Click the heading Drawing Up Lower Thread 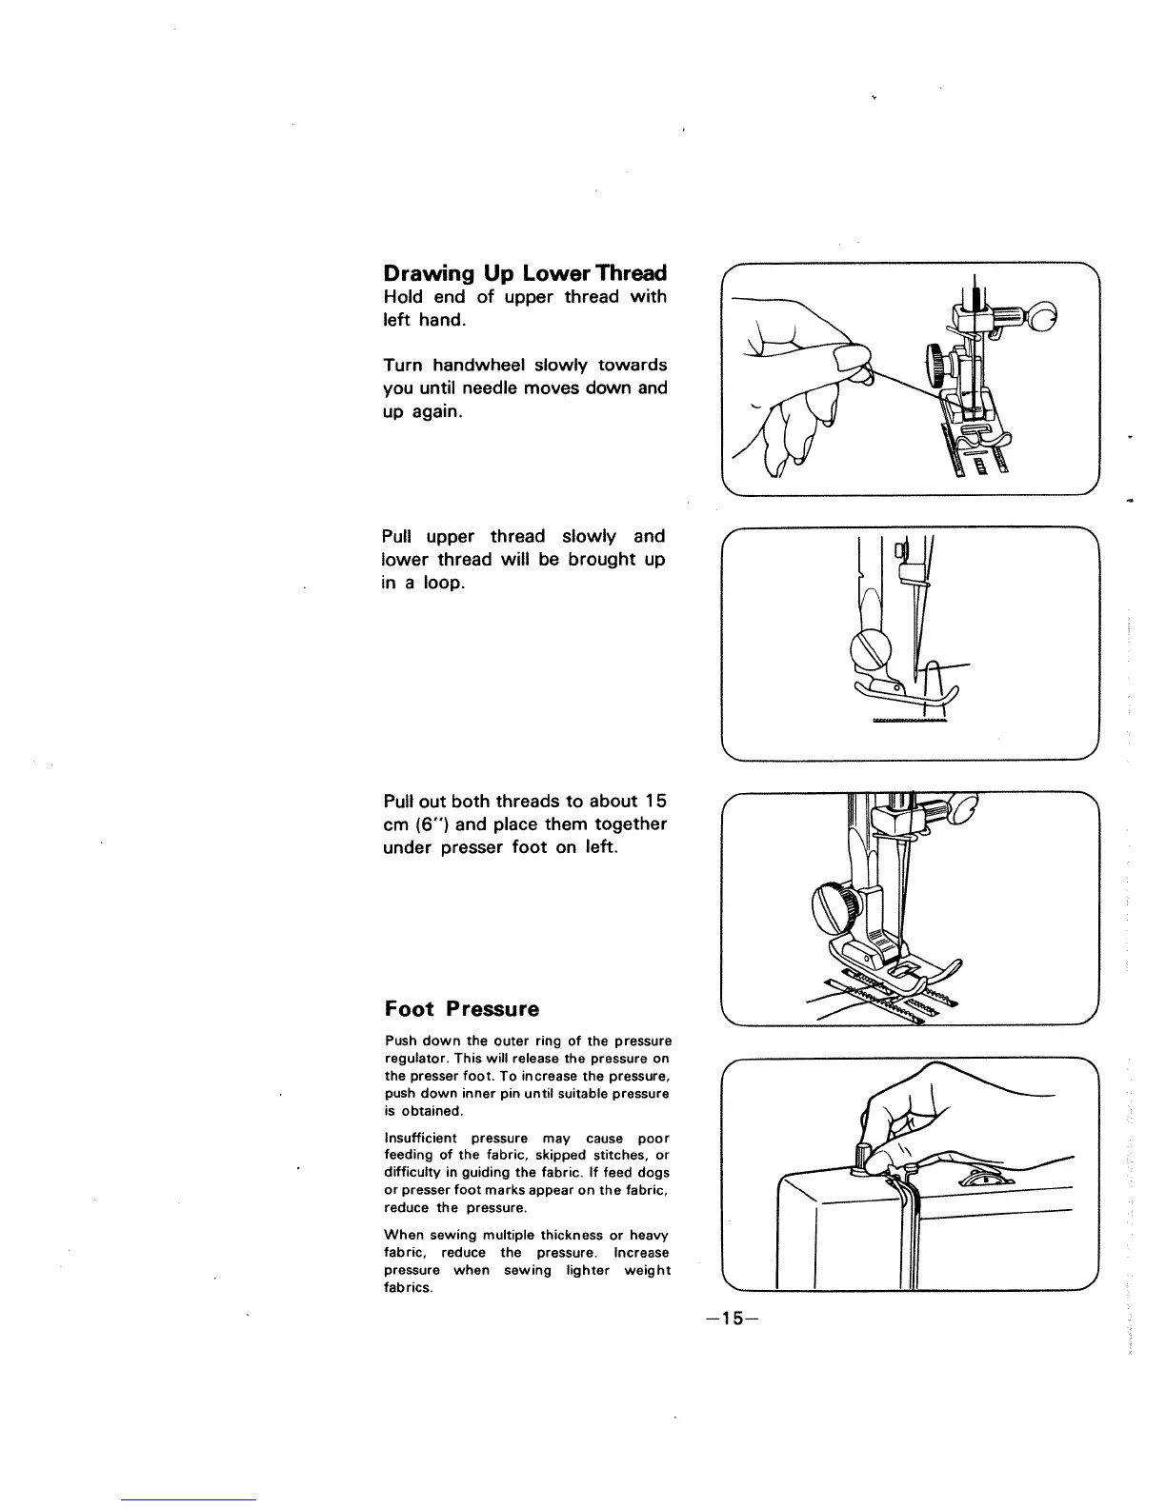(524, 273)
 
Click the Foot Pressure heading (461, 1009)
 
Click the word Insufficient (420, 1139)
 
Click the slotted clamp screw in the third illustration (829, 899)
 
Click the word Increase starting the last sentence (643, 1253)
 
